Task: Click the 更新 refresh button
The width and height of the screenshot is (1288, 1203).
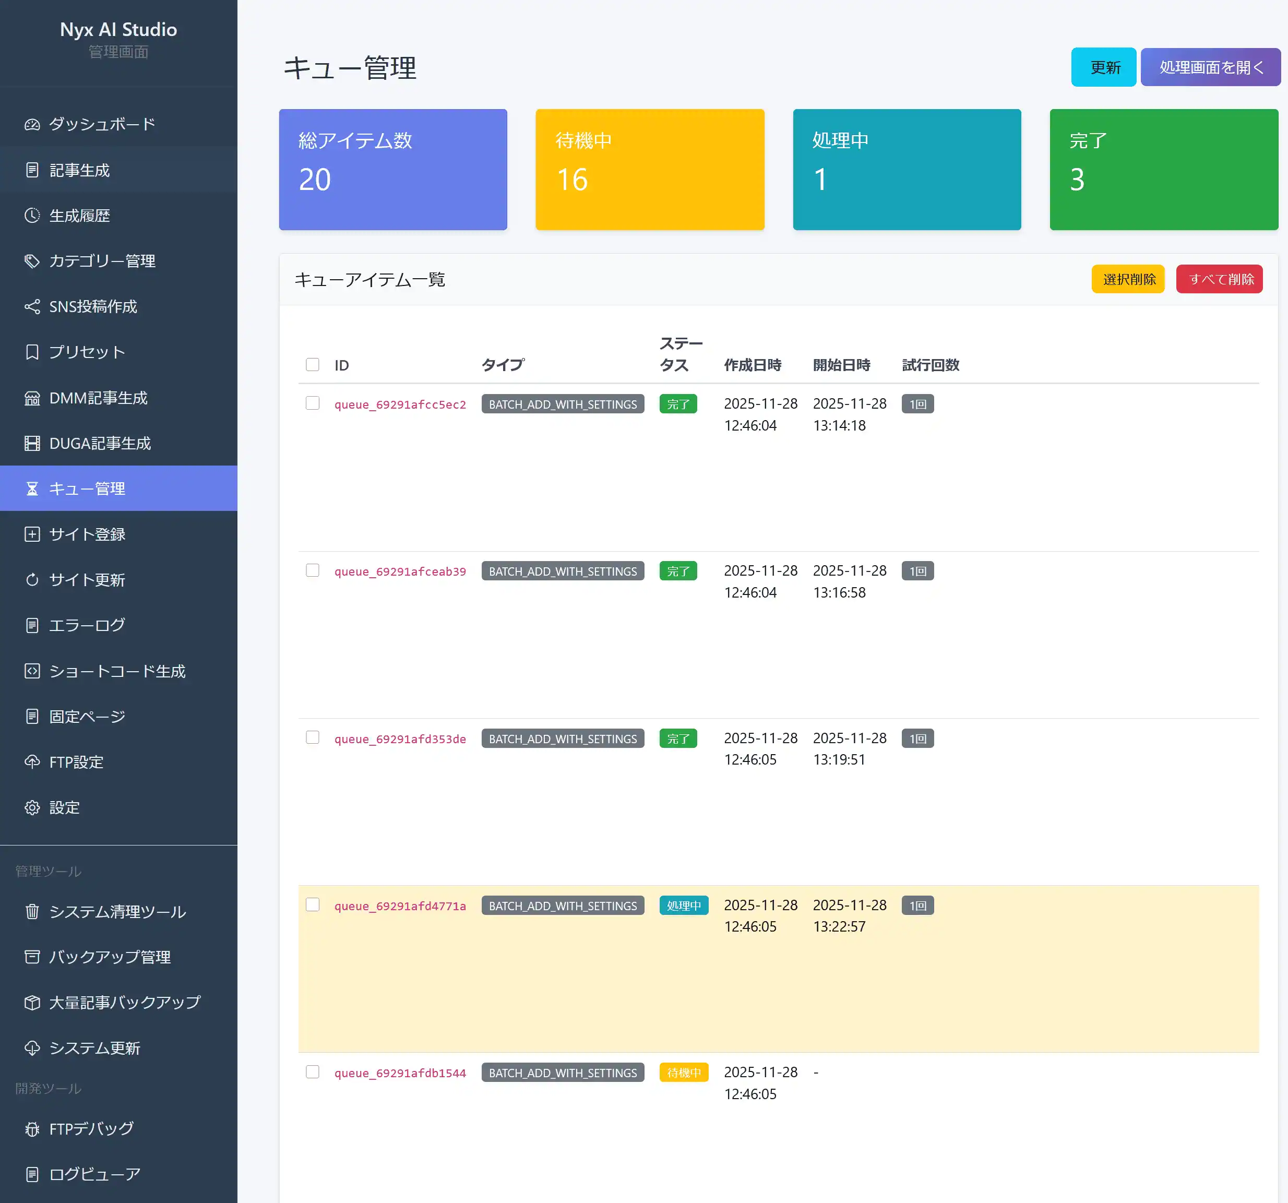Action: tap(1103, 67)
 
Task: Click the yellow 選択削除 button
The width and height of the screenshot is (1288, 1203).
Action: tap(1127, 279)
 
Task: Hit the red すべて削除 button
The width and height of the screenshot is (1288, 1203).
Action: tap(1219, 279)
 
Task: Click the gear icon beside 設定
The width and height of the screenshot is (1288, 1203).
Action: tap(32, 808)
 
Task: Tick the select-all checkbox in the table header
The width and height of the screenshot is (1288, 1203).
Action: tap(312, 365)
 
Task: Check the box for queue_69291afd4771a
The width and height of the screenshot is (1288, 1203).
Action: tap(312, 905)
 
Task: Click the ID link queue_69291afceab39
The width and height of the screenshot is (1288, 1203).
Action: tap(400, 571)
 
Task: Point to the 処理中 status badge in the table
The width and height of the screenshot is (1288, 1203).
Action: tap(684, 906)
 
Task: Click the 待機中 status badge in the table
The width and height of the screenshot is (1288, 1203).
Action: tap(684, 1073)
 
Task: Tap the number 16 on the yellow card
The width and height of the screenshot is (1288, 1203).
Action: tap(572, 180)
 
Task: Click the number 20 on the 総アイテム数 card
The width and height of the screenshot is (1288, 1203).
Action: tap(315, 180)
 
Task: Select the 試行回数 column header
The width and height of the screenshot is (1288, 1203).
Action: tap(931, 365)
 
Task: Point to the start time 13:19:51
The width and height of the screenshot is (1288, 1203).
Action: tap(839, 759)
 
